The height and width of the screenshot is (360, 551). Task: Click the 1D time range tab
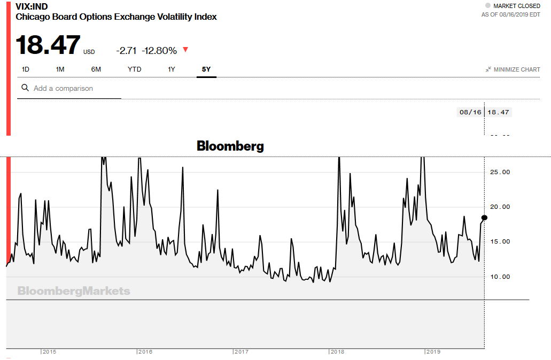point(25,69)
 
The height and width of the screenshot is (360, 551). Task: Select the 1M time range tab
point(60,69)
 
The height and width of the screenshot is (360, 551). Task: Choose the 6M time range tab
point(96,69)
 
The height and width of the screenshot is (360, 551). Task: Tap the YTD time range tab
point(134,69)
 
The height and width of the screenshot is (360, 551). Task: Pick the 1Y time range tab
point(172,69)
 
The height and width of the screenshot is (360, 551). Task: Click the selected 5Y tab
point(206,69)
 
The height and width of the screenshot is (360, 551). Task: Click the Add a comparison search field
point(75,88)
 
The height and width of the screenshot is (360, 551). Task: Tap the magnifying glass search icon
point(25,88)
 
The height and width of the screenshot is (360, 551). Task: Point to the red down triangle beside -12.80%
point(185,50)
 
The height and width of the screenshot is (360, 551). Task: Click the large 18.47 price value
point(48,45)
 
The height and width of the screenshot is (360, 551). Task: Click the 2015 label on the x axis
point(50,352)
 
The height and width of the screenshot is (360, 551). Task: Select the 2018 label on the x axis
point(337,352)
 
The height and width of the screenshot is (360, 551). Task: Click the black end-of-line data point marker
point(484,217)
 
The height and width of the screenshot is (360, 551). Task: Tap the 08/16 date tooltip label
point(470,112)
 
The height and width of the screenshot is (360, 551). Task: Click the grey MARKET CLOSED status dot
point(487,6)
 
